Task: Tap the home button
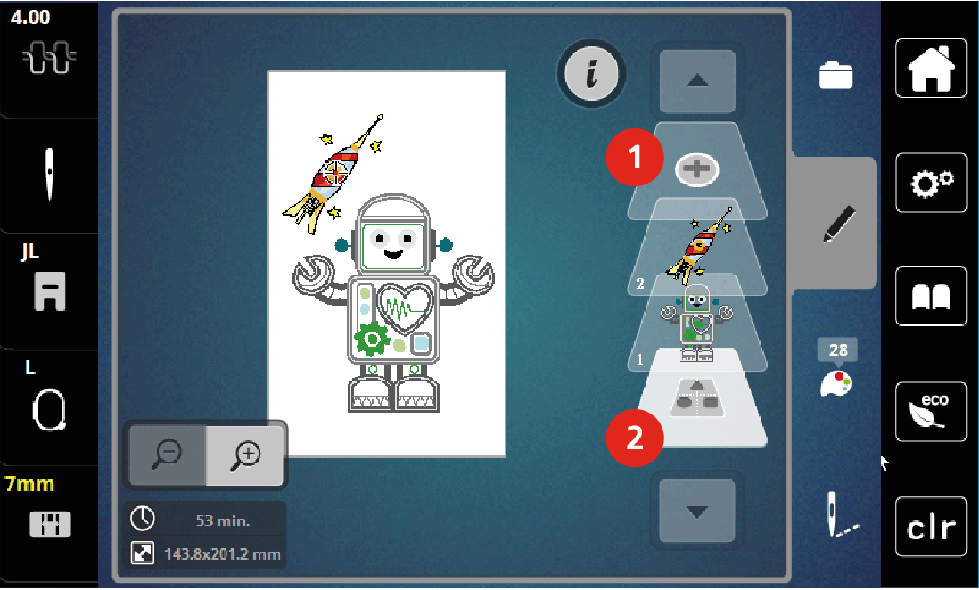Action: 931,68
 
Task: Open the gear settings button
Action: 931,183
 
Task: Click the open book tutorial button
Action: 931,296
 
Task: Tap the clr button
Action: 931,527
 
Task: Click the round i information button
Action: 591,73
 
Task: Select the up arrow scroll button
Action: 697,81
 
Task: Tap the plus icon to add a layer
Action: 696,169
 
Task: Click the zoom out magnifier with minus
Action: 168,454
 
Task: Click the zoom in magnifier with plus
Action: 244,454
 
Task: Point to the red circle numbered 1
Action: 634,157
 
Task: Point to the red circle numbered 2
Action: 634,438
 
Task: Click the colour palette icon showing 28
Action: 836,368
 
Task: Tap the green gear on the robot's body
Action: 372,339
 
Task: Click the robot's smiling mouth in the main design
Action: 393,254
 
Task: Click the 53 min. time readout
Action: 223,520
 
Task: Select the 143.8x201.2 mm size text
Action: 222,553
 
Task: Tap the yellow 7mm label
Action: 29,484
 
